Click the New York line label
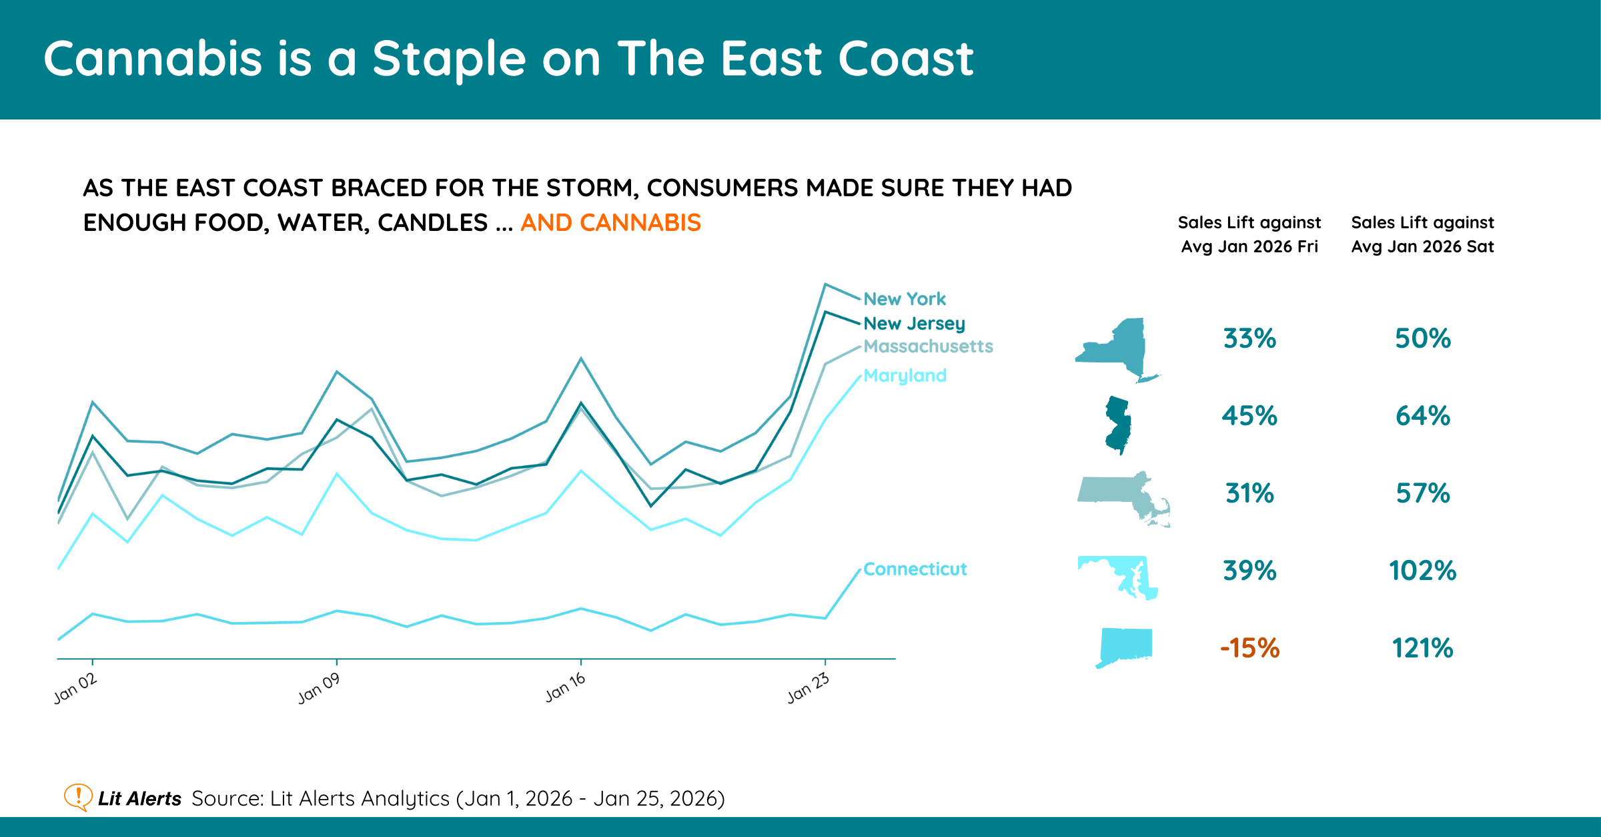pos(904,299)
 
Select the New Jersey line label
pos(914,324)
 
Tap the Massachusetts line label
pos(928,346)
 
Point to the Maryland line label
pos(905,376)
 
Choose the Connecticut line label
pos(915,569)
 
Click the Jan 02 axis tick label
pos(75,689)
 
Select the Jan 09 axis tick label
pos(319,689)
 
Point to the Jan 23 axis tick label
pos(808,689)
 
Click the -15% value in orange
pos(1249,648)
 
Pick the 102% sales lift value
pos(1422,571)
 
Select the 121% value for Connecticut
pos(1422,648)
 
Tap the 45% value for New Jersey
pos(1249,416)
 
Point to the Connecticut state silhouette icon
pos(1125,646)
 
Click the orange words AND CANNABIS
pos(610,223)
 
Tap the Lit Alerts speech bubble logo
pos(78,797)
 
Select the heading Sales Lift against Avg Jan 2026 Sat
pos(1422,234)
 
